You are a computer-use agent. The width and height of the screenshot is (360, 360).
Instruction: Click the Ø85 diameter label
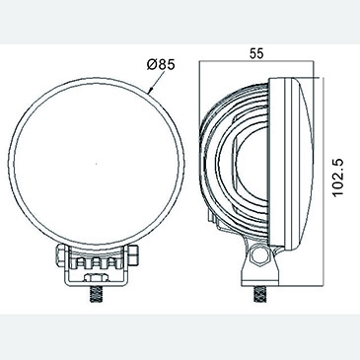[x=161, y=64]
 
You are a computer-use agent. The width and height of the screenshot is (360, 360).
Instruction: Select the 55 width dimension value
[x=256, y=53]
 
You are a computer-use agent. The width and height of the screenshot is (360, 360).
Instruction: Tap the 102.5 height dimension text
[x=337, y=178]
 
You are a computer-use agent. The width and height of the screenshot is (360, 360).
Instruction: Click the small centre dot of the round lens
[x=96, y=163]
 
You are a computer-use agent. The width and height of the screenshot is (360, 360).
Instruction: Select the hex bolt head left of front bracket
[x=61, y=254]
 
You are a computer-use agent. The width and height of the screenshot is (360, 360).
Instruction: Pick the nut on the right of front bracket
[x=132, y=254]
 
